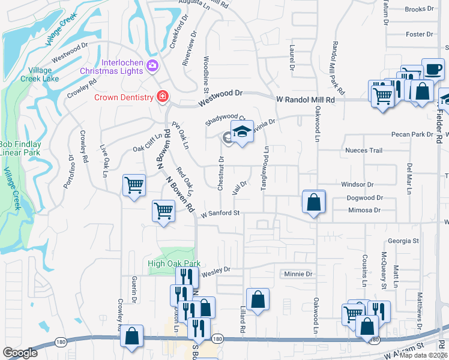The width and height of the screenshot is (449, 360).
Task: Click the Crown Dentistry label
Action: click(123, 97)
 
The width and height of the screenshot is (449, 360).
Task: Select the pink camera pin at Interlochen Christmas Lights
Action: click(152, 65)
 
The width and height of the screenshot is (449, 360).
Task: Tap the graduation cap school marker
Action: click(242, 133)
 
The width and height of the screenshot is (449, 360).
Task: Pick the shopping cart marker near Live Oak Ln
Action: click(134, 185)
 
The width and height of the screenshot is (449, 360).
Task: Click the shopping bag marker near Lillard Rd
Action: click(257, 300)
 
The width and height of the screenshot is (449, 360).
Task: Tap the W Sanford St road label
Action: click(220, 213)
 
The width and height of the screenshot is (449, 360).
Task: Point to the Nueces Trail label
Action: click(363, 150)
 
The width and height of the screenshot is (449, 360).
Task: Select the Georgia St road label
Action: click(403, 241)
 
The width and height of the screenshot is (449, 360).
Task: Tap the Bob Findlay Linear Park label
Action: click(23, 149)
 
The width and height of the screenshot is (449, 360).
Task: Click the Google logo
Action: click(20, 353)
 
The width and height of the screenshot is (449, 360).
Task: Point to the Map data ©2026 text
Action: click(423, 355)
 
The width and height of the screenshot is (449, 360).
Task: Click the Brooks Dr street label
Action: click(419, 9)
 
